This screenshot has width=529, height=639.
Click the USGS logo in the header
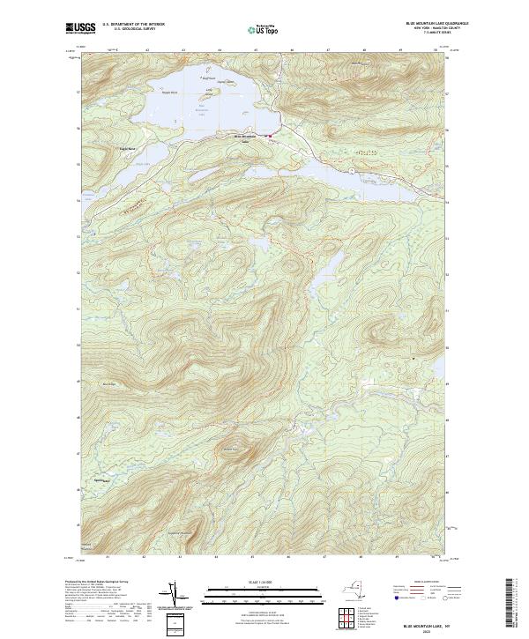[x=80, y=28]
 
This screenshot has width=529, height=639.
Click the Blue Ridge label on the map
[x=110, y=383]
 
